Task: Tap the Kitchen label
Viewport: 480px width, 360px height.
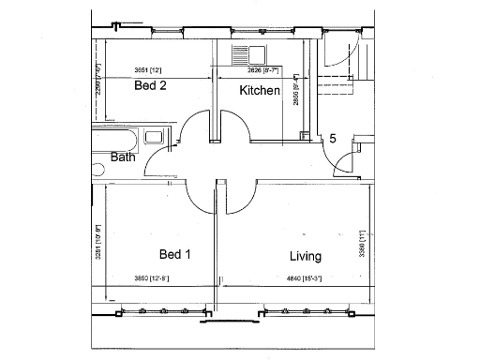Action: coord(259,91)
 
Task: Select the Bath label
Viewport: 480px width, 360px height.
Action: coord(123,157)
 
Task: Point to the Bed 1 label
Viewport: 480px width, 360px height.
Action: coord(175,255)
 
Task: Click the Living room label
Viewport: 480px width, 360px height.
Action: coord(306,256)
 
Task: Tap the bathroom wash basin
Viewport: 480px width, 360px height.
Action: coord(156,137)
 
